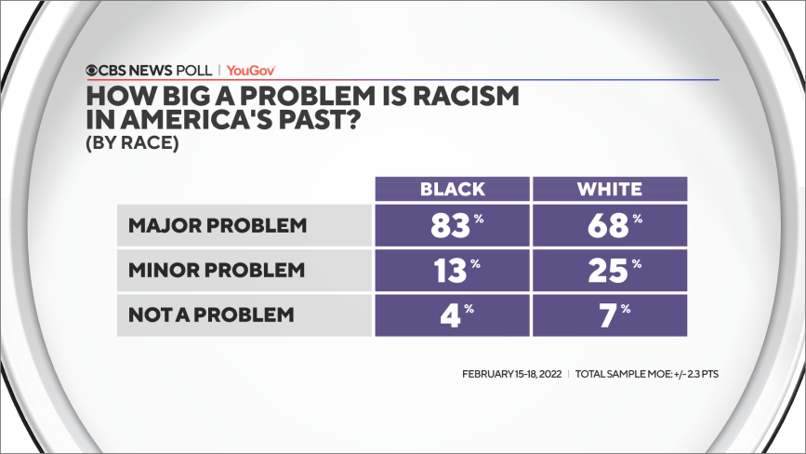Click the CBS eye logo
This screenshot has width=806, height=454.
click(x=93, y=70)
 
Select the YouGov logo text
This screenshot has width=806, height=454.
click(x=251, y=70)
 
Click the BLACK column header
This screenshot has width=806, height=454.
click(x=453, y=189)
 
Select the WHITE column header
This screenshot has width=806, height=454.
click(x=609, y=189)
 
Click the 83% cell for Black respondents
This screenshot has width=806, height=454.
click(x=453, y=226)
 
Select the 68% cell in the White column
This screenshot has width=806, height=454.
click(x=609, y=226)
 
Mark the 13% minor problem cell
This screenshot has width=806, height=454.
click(x=453, y=271)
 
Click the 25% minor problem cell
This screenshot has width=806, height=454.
click(x=609, y=271)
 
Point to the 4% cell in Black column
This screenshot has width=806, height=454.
click(x=453, y=314)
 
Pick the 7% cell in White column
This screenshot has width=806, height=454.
click(x=609, y=314)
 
